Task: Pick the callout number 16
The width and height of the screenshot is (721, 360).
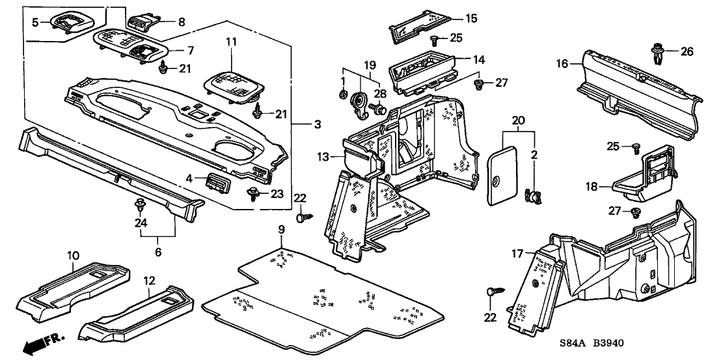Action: coord(562,63)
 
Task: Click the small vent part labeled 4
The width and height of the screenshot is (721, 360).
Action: coord(217,182)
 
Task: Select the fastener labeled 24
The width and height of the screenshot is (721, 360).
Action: coord(140,207)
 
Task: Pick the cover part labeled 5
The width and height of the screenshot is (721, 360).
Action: coord(68,21)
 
